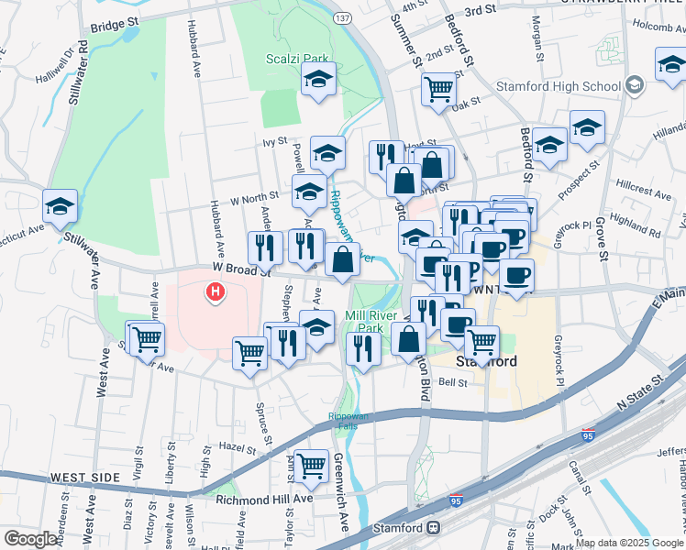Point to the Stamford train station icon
[432, 529]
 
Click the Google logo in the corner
[31, 539]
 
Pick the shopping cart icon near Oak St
[439, 89]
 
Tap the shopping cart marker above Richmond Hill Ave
[312, 465]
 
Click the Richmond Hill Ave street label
[264, 500]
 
